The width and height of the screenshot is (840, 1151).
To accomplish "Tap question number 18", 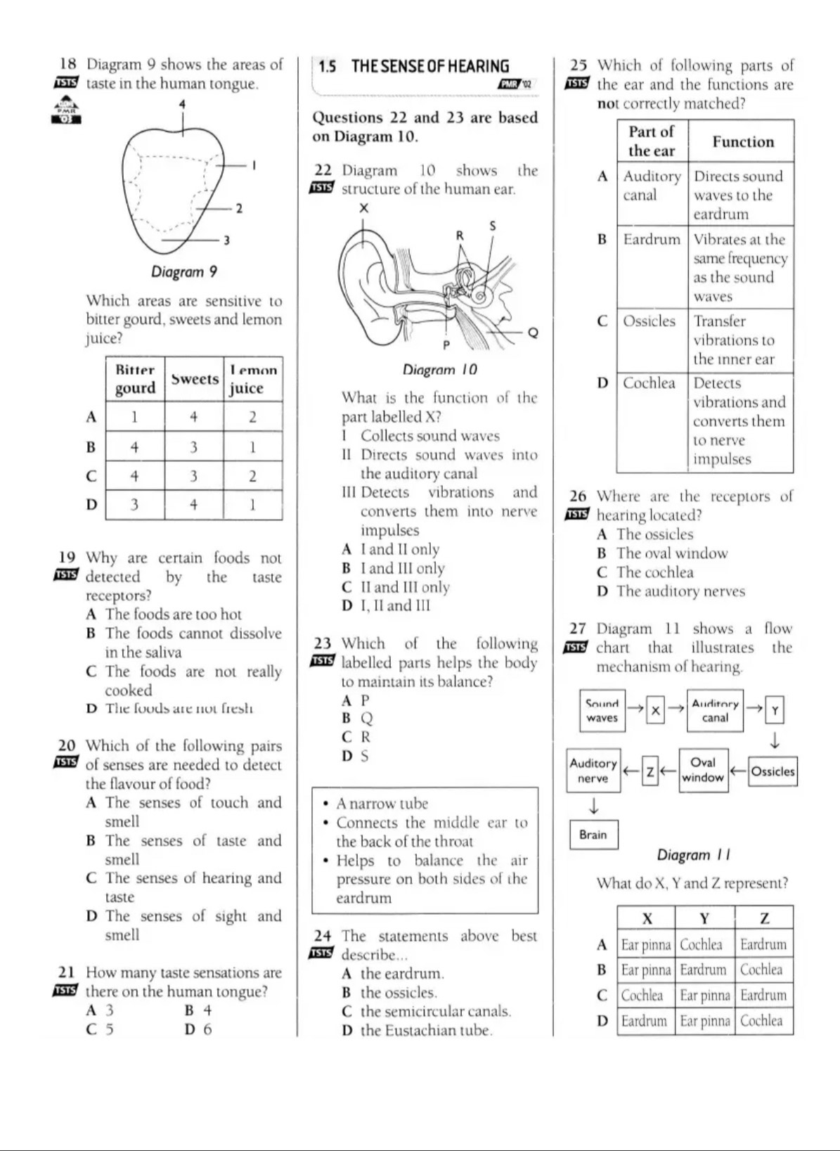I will point(68,65).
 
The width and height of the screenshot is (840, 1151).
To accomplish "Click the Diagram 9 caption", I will point(183,271).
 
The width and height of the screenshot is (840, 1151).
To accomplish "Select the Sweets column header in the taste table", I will point(195,379).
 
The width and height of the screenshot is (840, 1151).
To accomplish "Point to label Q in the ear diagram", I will point(533,333).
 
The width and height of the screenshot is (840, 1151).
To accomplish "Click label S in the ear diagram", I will point(492,226).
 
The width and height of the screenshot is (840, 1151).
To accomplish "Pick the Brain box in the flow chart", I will point(593,835).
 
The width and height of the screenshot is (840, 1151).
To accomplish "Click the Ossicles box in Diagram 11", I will point(773,771).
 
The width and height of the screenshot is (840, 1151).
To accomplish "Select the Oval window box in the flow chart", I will point(703,771).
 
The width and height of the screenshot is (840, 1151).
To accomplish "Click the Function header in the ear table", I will point(742,142).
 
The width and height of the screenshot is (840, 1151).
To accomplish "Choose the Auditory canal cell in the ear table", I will point(652,186).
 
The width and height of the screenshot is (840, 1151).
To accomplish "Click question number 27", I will point(578,629).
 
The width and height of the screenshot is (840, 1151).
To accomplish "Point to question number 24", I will point(323,936).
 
